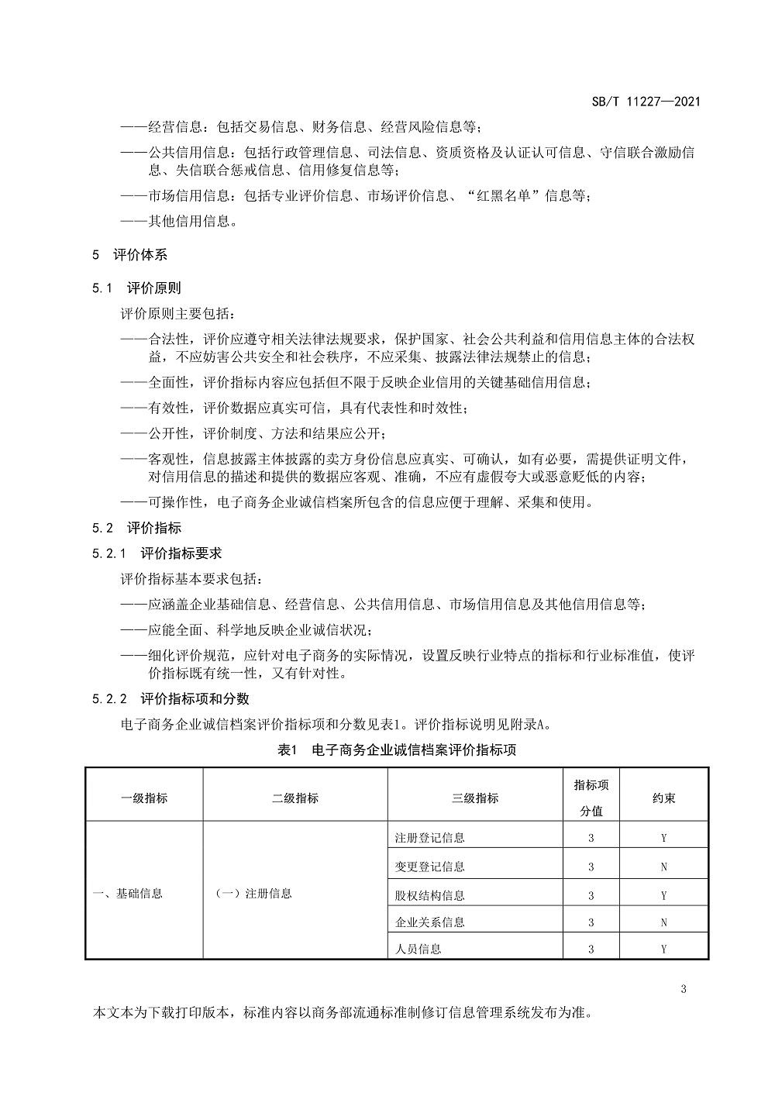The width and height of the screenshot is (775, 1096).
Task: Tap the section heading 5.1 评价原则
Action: [x=136, y=288]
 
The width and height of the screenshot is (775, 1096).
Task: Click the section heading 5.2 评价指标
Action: [x=136, y=528]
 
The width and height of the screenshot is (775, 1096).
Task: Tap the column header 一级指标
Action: [x=144, y=798]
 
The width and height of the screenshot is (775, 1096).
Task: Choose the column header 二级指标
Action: [x=295, y=798]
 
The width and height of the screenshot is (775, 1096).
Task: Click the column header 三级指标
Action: [x=475, y=798]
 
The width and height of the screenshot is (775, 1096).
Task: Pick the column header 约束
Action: [x=664, y=798]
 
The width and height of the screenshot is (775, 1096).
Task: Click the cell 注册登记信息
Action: [x=430, y=837]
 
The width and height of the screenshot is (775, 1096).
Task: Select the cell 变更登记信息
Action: [x=430, y=867]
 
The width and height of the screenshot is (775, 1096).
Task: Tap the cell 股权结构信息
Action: [x=430, y=895]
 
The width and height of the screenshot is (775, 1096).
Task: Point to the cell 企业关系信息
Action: [x=430, y=922]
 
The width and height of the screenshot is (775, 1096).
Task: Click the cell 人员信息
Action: [x=418, y=949]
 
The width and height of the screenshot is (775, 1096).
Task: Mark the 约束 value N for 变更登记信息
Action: [x=664, y=867]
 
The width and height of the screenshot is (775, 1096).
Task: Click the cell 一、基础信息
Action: [x=128, y=893]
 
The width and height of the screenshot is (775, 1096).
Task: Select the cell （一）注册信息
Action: [x=254, y=893]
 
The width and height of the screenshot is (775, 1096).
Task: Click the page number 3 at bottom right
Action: [x=683, y=988]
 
